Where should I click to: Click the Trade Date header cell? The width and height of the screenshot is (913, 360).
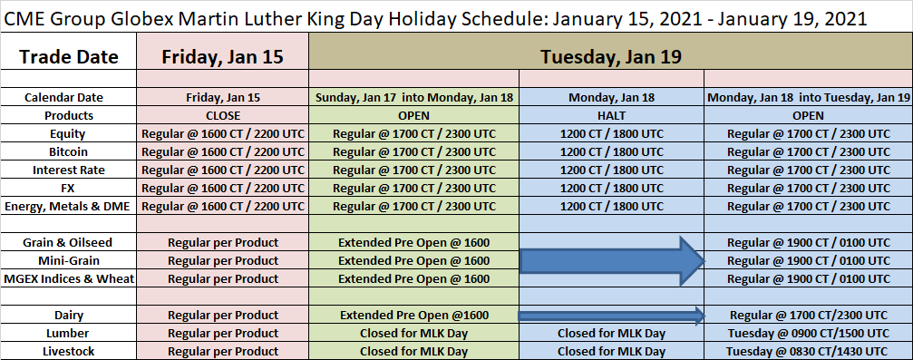tap(69, 56)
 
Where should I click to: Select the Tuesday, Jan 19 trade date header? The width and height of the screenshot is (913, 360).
tap(611, 56)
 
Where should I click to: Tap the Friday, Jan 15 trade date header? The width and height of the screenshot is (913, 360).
tap(222, 56)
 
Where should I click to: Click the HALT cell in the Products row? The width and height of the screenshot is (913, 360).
tap(611, 115)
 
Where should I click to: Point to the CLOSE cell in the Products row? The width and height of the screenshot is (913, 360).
tap(222, 115)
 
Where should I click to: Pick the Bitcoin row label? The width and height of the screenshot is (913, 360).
tap(69, 151)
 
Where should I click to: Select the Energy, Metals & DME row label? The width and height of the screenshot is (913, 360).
tap(69, 206)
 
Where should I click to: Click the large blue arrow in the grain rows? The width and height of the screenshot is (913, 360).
tap(611, 260)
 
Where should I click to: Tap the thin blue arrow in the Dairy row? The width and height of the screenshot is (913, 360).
tap(611, 316)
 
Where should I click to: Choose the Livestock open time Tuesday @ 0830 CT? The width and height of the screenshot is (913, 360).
tap(808, 351)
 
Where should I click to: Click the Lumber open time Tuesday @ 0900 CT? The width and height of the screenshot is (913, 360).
tap(808, 333)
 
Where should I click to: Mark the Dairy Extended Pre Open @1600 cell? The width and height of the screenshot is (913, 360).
tap(414, 316)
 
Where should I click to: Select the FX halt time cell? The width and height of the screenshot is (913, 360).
tap(611, 188)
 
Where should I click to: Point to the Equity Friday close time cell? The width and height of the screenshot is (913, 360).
tap(222, 133)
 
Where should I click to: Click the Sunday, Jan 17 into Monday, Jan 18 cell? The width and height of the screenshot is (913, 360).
tap(414, 97)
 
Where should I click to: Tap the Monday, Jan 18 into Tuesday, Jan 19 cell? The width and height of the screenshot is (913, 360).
tap(808, 97)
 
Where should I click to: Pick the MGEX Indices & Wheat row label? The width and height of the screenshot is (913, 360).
tap(69, 278)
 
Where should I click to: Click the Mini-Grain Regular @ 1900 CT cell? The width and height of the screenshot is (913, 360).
tap(808, 260)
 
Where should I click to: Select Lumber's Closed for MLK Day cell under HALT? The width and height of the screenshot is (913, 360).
tap(611, 333)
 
